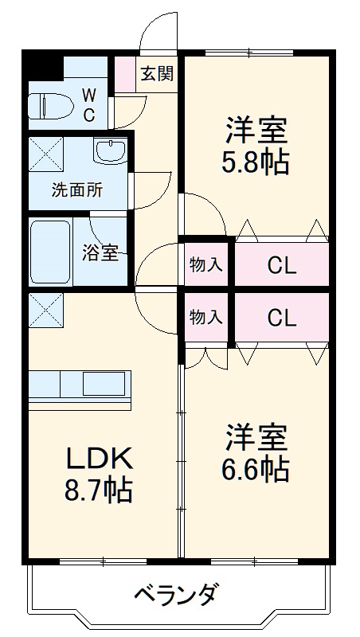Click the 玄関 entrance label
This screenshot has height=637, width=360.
pyautogui.click(x=157, y=74)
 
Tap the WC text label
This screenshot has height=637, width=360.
pyautogui.click(x=89, y=105)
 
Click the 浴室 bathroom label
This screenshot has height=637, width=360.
pyautogui.click(x=101, y=253)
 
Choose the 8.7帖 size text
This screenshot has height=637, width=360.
pyautogui.click(x=98, y=489)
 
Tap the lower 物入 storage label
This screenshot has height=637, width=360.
pyautogui.click(x=205, y=316)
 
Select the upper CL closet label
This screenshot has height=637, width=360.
pyautogui.click(x=281, y=265)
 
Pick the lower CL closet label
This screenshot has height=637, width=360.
pyautogui.click(x=281, y=318)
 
